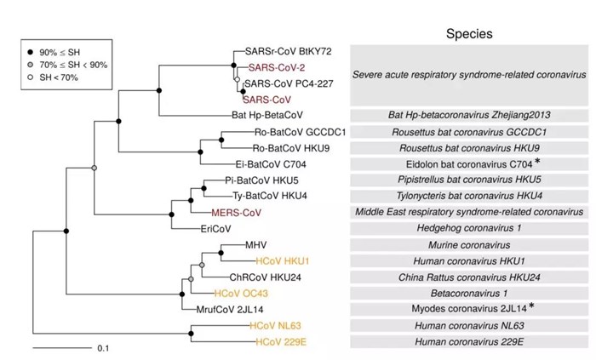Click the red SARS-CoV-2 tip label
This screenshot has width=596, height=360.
pyautogui.click(x=277, y=67)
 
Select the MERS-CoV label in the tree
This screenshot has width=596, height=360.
pyautogui.click(x=237, y=213)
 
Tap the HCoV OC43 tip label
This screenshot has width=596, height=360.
pyautogui.click(x=241, y=293)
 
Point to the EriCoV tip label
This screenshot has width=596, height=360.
pyautogui.click(x=216, y=229)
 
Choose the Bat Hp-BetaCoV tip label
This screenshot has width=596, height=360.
pyautogui.click(x=267, y=115)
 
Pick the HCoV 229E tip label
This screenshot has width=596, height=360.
pyautogui.click(x=280, y=342)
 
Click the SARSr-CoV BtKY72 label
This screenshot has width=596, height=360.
pyautogui.click(x=288, y=51)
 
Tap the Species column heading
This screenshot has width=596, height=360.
pyautogui.click(x=469, y=34)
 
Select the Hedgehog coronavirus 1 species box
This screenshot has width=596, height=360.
pyautogui.click(x=469, y=228)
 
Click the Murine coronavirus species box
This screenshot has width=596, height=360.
pyautogui.click(x=469, y=245)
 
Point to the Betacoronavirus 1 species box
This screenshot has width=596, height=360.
pyautogui.click(x=469, y=293)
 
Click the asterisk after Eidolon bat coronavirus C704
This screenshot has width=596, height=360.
pyautogui.click(x=537, y=162)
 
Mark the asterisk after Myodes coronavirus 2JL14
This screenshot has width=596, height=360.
pyautogui.click(x=531, y=306)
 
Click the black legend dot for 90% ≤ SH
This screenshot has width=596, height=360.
pyautogui.click(x=31, y=52)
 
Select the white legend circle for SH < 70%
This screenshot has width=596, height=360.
pyautogui.click(x=31, y=77)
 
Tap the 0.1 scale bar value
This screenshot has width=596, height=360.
pyautogui.click(x=103, y=348)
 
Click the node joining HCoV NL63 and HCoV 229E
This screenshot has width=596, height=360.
pyautogui.click(x=191, y=334)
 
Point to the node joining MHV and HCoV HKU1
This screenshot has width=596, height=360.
pyautogui.click(x=221, y=253)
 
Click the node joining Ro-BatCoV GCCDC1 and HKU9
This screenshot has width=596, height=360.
pyautogui.click(x=221, y=140)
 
